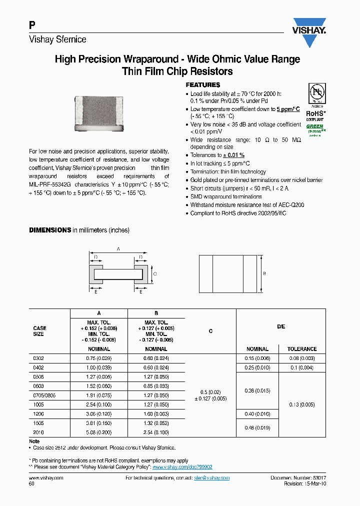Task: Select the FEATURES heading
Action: (x=202, y=85)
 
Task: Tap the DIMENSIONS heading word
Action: (x=50, y=230)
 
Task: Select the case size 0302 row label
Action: (x=38, y=358)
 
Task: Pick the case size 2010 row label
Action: (x=38, y=432)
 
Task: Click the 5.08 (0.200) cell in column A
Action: (x=99, y=432)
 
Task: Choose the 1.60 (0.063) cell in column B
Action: (x=156, y=414)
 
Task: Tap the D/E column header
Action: (x=280, y=326)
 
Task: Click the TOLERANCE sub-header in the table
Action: (x=301, y=349)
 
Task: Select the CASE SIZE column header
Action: (x=39, y=331)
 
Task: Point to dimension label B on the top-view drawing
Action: (x=263, y=273)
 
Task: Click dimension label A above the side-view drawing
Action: (x=118, y=248)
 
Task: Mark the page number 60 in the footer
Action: (x=31, y=484)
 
